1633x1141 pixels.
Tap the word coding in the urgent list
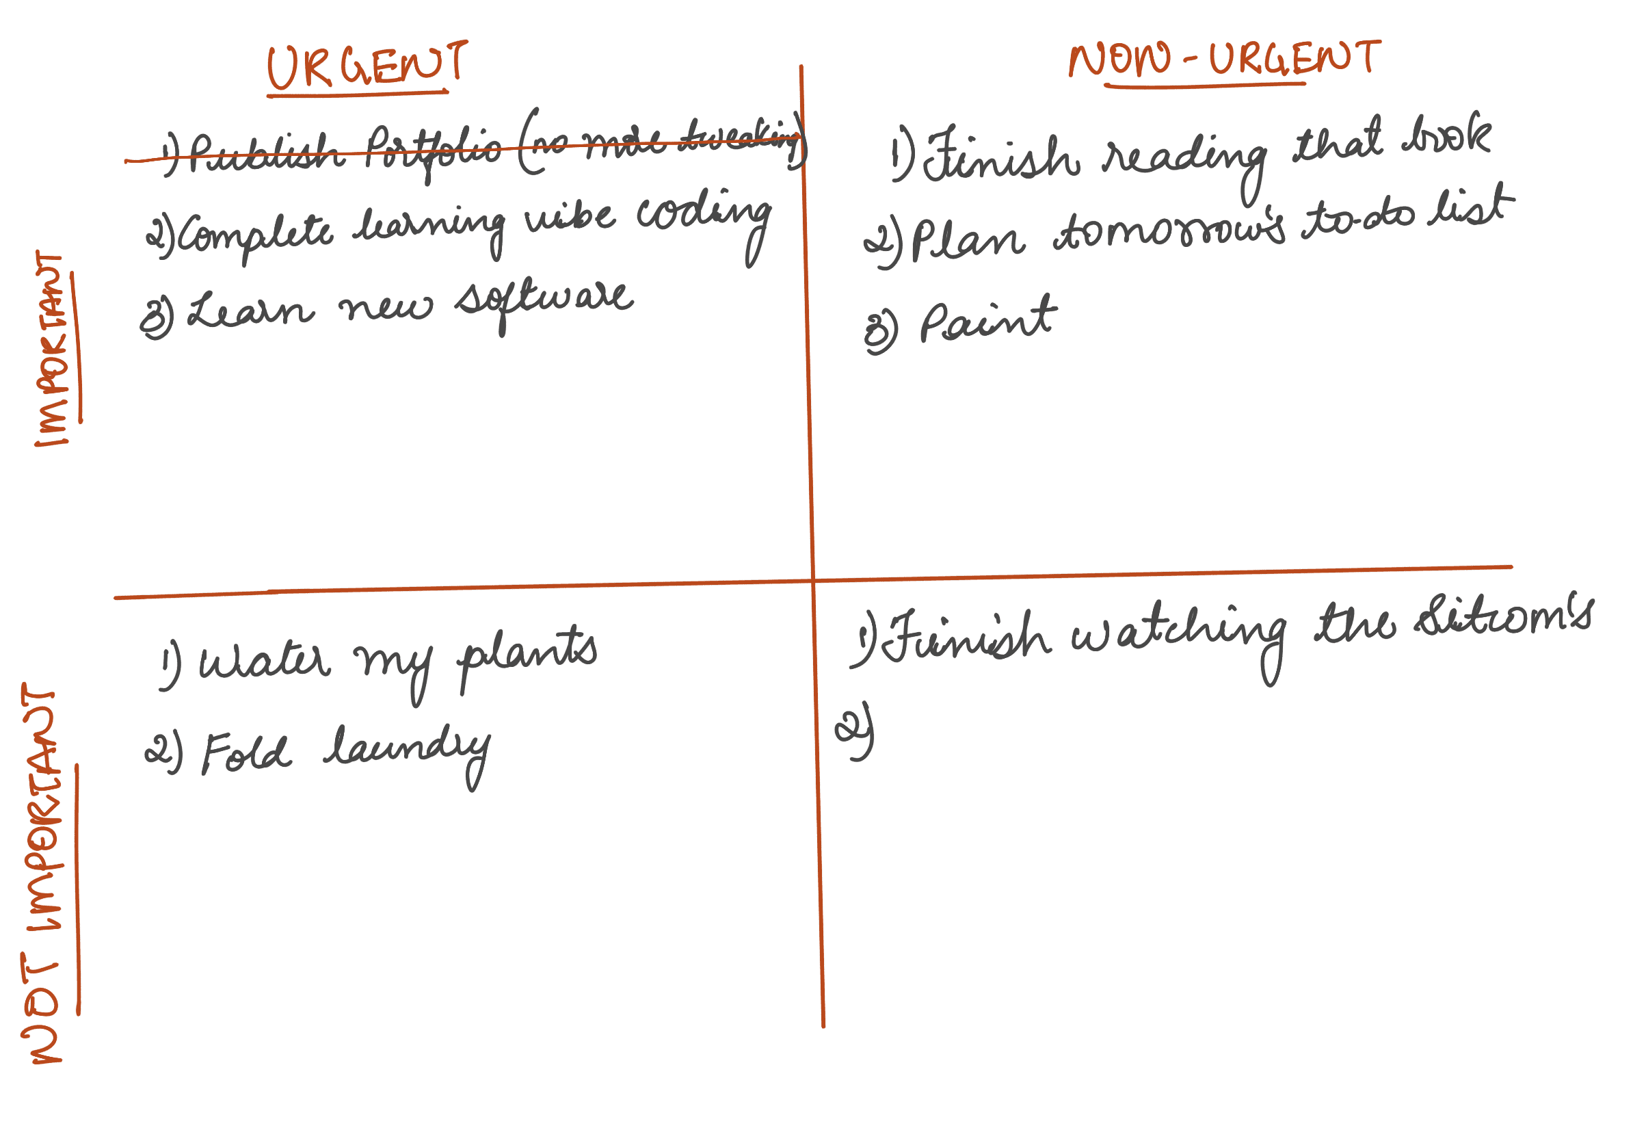point(703,215)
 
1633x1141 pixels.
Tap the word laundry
point(407,753)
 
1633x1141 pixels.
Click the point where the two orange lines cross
point(813,581)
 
